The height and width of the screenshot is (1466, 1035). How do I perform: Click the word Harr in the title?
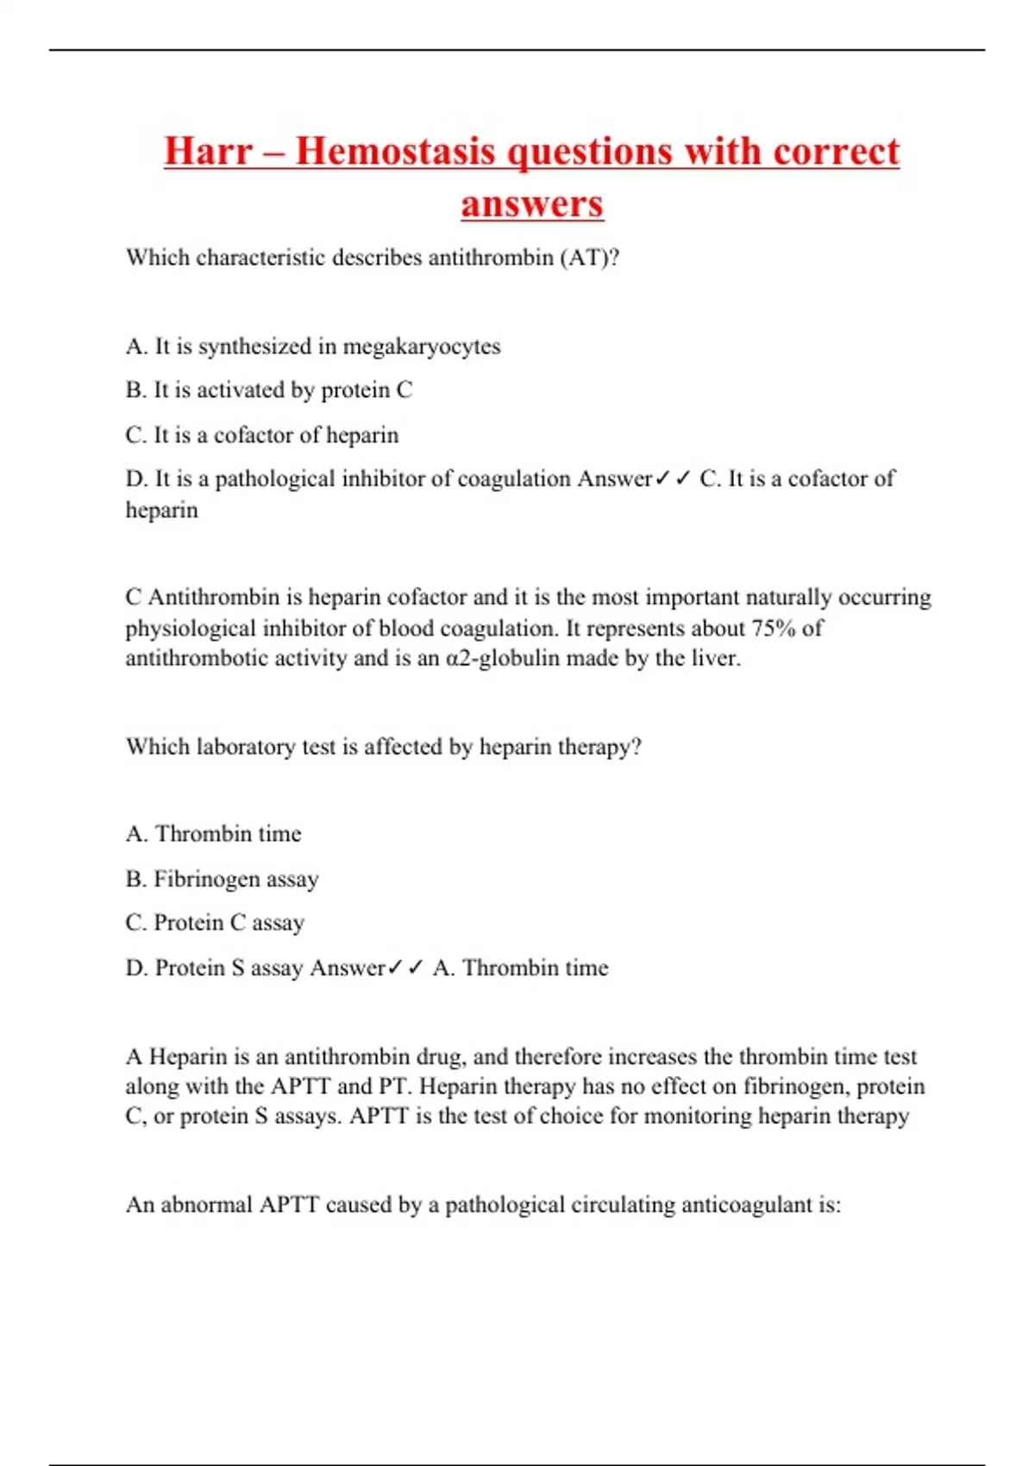coord(208,152)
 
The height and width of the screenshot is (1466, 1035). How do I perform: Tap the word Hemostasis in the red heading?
coord(395,152)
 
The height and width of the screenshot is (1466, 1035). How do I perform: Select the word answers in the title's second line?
coord(531,204)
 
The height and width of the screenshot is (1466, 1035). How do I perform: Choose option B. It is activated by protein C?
coord(268,391)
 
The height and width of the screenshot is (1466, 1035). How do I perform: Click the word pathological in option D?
coord(274,479)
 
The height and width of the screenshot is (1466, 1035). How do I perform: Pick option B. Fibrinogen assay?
coord(222,879)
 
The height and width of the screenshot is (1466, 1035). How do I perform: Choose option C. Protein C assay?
coord(215,923)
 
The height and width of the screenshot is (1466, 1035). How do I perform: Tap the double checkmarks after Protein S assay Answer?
coord(405,968)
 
